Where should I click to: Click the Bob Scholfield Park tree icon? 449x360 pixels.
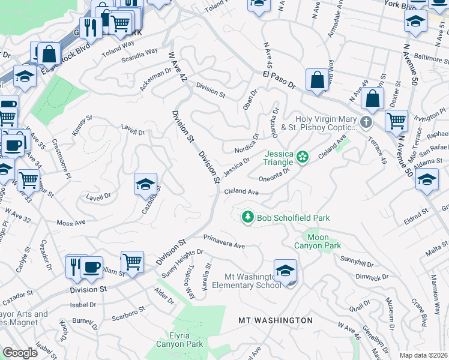point(247,217)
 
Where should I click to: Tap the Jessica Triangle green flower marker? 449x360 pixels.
point(303,157)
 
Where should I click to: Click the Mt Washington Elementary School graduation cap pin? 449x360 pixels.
point(286,271)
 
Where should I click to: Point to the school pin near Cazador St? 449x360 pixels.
point(145,185)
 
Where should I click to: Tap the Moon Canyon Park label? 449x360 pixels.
point(317,241)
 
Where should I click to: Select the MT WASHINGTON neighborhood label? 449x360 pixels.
point(276,320)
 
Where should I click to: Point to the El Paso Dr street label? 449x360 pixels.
point(279,80)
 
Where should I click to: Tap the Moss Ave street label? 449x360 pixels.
point(71,223)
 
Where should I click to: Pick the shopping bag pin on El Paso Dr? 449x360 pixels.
point(316,80)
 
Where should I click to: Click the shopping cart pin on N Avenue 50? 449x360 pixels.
point(396,121)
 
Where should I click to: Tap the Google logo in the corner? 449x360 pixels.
point(20,353)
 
